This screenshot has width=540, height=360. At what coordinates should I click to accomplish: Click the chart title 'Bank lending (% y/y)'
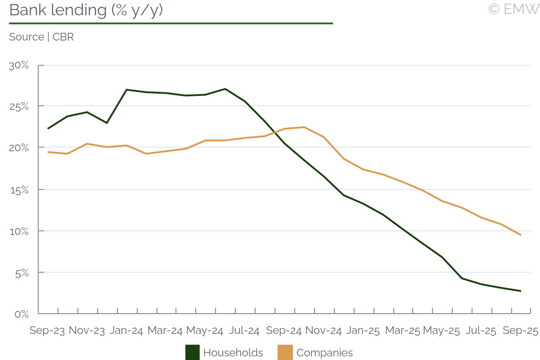coord(85,10)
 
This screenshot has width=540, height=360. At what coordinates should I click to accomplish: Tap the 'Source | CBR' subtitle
coord(41,37)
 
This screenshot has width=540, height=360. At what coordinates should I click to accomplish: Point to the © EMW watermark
coord(513,9)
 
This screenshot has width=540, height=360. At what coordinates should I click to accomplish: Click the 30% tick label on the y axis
coord(19,65)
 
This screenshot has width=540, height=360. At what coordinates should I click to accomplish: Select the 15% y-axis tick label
coord(19,189)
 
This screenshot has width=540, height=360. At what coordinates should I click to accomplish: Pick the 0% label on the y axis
coord(22,314)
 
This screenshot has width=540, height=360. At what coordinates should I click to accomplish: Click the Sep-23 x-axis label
coord(47,331)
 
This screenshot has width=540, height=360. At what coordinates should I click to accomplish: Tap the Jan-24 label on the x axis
coord(126,331)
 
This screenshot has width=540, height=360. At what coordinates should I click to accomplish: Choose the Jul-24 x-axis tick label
coord(243,331)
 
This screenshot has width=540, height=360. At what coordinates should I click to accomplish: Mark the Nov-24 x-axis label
coord(323,331)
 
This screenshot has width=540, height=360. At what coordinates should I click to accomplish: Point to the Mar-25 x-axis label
coord(402,331)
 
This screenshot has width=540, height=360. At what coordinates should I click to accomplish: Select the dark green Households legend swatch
coord(192,352)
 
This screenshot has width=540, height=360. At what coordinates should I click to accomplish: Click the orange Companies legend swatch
coord(285,352)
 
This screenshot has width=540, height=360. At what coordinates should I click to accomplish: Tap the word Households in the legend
coord(233,353)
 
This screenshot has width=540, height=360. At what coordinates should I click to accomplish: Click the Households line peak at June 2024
coord(225,89)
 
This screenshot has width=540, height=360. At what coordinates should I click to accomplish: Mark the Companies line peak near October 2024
coord(304,127)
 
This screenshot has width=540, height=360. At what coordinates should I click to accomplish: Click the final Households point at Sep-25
coord(521,291)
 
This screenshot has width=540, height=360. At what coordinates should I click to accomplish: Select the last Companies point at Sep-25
coord(521,235)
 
